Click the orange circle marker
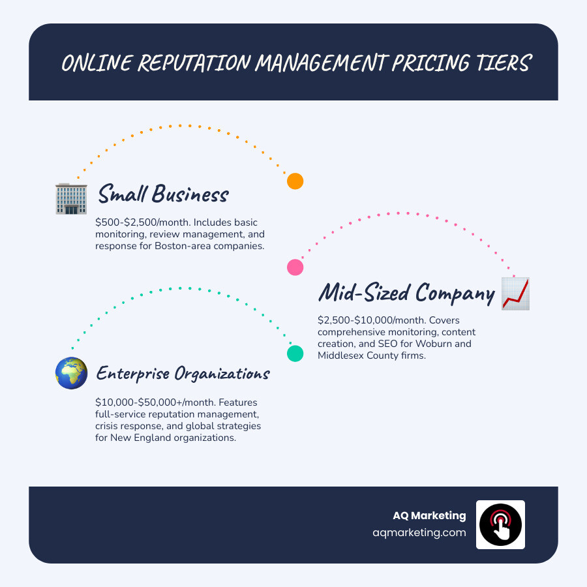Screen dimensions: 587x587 click(295, 181)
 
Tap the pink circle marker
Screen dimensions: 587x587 click(295, 267)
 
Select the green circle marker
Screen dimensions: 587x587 click(295, 354)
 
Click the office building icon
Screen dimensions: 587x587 click(71, 198)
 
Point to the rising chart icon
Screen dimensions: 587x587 click(515, 293)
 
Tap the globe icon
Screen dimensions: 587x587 click(71, 373)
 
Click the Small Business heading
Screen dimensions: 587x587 click(163, 194)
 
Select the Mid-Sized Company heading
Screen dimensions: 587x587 click(406, 293)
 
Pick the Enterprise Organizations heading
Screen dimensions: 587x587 click(183, 374)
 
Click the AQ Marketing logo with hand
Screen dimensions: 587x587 click(500, 525)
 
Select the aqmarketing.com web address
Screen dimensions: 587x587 click(419, 532)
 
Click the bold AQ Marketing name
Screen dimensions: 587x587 click(429, 515)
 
